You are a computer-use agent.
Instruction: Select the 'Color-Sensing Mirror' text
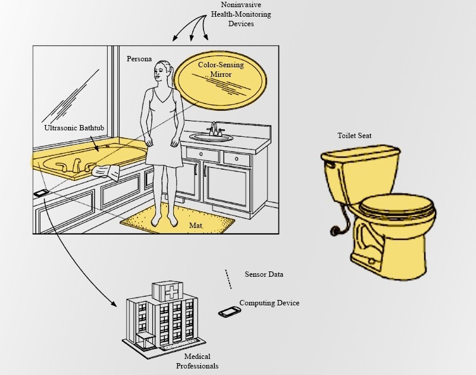coord(221,70)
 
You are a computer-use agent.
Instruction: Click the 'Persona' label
coord(139,60)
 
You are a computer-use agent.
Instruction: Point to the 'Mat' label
coord(195,226)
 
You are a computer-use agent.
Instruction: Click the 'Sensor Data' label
coord(264,274)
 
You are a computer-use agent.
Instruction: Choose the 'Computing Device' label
coord(269,303)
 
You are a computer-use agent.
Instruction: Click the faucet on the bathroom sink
coord(214,129)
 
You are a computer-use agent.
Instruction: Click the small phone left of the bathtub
coord(40,192)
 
